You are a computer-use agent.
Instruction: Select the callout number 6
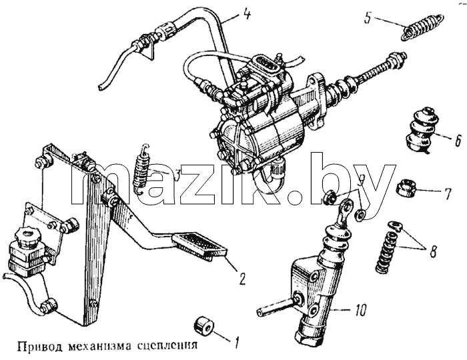pos(458,141)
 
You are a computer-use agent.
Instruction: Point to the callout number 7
pos(447,194)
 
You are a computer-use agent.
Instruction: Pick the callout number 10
pos(360,311)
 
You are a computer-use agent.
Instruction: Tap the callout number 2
pos(242,279)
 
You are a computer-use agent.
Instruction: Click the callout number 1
pos(237,343)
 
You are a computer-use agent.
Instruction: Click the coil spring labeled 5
pos(423,27)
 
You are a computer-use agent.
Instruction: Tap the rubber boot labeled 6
pos(418,129)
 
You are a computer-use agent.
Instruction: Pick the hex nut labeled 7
pos(405,188)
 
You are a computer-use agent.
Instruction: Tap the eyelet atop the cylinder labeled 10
pos(346,207)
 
